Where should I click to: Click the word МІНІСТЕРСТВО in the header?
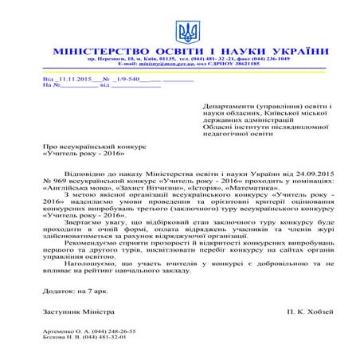coord(99,51)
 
